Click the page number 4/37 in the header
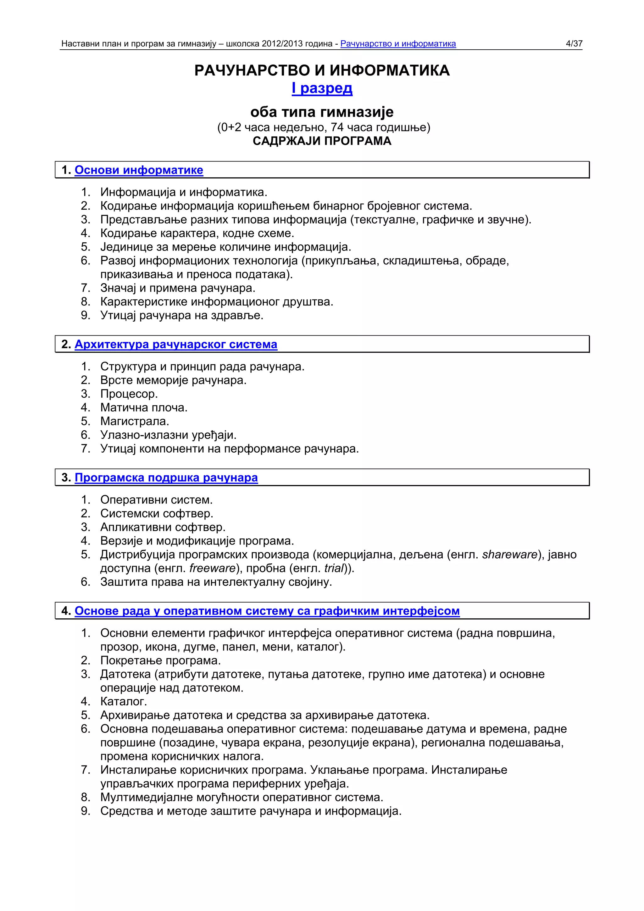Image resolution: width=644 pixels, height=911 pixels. (x=574, y=44)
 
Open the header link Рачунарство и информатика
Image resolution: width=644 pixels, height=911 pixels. (x=398, y=44)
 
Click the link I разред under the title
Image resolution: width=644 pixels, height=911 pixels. (x=322, y=88)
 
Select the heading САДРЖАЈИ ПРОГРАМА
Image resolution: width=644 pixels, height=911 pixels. (x=322, y=141)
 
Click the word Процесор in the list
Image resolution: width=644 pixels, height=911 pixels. (x=129, y=394)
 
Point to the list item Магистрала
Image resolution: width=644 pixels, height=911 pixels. (x=135, y=421)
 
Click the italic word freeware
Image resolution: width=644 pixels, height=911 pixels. (x=212, y=568)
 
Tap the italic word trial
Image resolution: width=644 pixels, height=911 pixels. (x=333, y=568)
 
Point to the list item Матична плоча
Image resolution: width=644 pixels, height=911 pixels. (x=144, y=407)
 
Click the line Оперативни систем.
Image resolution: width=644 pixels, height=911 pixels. (x=156, y=500)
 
